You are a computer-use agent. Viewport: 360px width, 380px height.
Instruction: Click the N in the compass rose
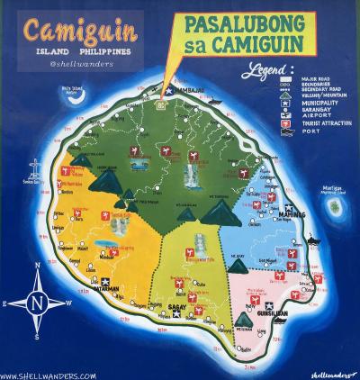point(35,303)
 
